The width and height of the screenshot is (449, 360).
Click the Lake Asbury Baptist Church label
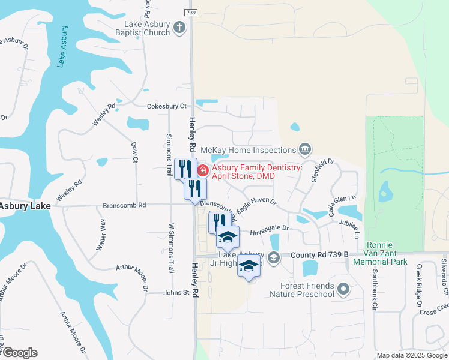tap(147, 28)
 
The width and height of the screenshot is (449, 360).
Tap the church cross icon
tap(179, 27)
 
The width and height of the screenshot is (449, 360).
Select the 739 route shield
tap(191, 12)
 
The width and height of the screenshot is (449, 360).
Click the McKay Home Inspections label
tap(248, 149)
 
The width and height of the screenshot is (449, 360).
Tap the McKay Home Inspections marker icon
tap(304, 149)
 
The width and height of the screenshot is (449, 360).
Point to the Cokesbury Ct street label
tap(167, 106)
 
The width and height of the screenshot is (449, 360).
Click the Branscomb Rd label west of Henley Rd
tap(124, 205)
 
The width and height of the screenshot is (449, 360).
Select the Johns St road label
tap(177, 293)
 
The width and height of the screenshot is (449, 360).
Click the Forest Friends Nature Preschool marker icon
tap(343, 290)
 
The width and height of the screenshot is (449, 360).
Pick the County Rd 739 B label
tap(319, 254)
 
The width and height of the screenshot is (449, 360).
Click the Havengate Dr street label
tap(270, 229)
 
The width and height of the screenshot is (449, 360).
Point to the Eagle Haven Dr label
tap(255, 206)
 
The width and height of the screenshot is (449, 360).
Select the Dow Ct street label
tap(134, 152)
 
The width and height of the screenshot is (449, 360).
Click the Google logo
tap(19, 353)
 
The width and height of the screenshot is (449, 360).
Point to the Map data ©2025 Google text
tap(411, 355)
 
